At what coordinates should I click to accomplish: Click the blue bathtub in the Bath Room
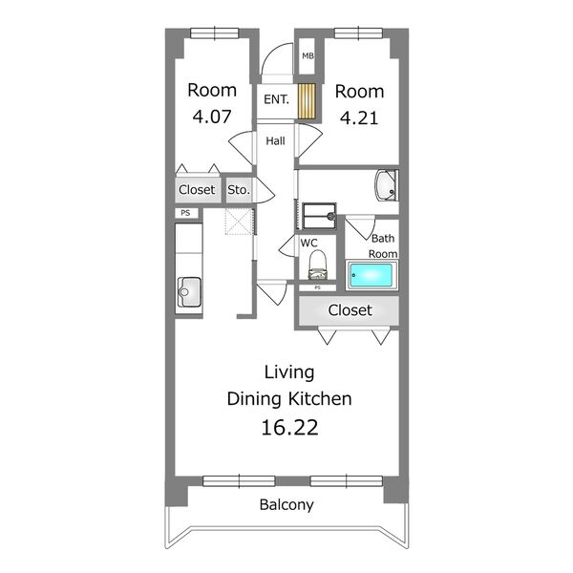point(371,275)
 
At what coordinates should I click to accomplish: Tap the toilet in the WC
point(318,265)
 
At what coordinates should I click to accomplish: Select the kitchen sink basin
point(189,292)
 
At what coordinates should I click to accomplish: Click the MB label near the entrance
point(308,56)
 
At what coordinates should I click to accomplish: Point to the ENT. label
point(276,99)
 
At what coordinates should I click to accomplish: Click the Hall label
point(275,140)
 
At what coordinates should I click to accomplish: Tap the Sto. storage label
point(239,190)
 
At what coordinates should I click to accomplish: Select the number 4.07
point(212,117)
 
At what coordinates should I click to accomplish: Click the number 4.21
point(359,117)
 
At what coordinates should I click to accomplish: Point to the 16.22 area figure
point(289,427)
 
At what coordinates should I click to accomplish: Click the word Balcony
point(286,505)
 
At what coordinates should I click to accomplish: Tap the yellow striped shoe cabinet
point(307,101)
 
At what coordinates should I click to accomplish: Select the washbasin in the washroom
point(386,185)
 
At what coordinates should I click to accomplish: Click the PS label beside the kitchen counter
point(185,213)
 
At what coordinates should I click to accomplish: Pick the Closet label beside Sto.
point(197,190)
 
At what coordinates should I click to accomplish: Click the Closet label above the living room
point(350,310)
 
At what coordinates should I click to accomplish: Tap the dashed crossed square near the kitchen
point(239,222)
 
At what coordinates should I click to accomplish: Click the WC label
point(308,243)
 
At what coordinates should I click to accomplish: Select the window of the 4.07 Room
point(215,33)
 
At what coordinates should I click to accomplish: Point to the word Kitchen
point(321,398)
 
